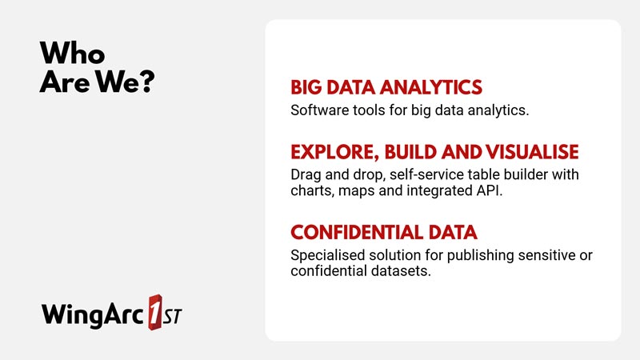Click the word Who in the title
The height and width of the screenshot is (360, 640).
(x=72, y=53)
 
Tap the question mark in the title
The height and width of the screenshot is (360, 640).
(x=146, y=81)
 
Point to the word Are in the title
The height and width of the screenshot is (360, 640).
(x=65, y=82)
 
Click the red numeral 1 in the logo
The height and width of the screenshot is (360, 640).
(x=155, y=312)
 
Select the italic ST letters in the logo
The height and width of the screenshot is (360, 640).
(x=172, y=314)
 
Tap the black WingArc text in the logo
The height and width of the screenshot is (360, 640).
(x=93, y=314)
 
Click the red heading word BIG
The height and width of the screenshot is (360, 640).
(x=306, y=87)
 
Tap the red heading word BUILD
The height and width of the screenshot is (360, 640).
(x=410, y=152)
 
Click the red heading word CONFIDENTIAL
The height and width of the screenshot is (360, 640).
(x=357, y=232)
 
